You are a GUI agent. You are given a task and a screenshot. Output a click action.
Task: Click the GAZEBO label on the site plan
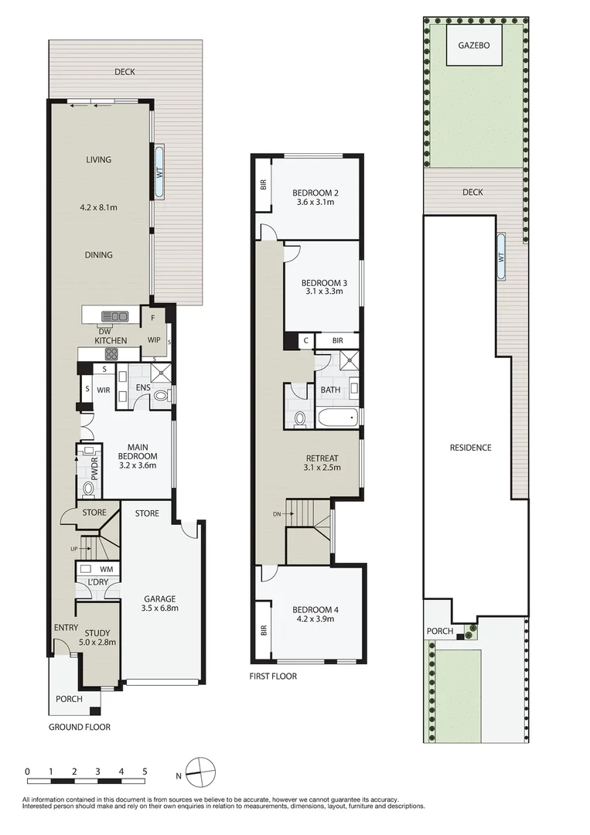[x=475, y=46]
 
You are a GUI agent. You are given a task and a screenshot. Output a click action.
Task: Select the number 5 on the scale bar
[x=145, y=772]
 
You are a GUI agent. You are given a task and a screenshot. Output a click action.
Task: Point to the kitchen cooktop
[x=111, y=355]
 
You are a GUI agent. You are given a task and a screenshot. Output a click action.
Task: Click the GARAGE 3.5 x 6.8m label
[x=161, y=603]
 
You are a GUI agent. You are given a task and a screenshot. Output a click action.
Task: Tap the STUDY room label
[x=97, y=633]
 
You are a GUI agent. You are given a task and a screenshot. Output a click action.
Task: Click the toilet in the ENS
[x=161, y=396]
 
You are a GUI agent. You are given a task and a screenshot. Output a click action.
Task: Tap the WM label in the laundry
[x=106, y=568]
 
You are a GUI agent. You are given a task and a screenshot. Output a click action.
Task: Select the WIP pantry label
[x=155, y=340]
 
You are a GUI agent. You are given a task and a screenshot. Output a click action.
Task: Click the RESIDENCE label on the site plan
[x=470, y=448]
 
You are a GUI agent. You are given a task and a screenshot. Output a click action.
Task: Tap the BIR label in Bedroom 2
[x=263, y=186]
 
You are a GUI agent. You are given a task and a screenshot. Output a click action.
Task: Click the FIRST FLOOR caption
[x=273, y=677]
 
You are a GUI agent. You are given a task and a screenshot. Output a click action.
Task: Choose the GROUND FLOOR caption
[x=80, y=727]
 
